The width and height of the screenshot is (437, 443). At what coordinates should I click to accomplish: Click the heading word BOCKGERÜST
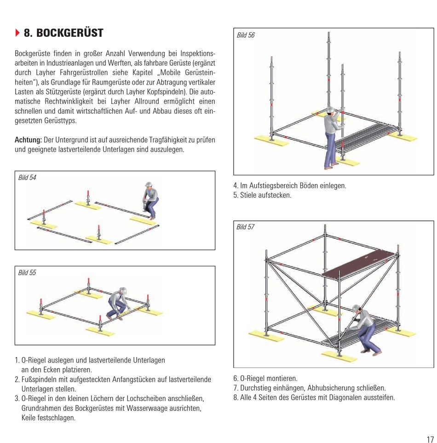(x=70, y=33)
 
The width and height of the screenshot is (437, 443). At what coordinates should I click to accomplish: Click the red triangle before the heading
(x=17, y=33)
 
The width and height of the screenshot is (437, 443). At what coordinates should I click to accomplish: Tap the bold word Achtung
(x=28, y=140)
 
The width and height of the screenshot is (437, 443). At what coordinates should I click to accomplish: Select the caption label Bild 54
(x=27, y=178)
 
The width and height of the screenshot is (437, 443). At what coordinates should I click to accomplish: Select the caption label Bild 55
(x=27, y=273)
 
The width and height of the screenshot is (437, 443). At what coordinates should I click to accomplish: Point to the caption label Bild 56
(x=246, y=35)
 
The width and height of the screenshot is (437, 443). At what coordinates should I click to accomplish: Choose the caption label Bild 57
(x=246, y=227)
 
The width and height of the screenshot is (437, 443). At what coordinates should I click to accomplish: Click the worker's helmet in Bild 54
(x=148, y=185)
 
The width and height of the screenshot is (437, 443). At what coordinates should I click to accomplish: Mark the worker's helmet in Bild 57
(x=356, y=308)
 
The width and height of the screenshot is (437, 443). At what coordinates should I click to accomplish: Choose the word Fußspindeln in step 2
(x=38, y=380)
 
